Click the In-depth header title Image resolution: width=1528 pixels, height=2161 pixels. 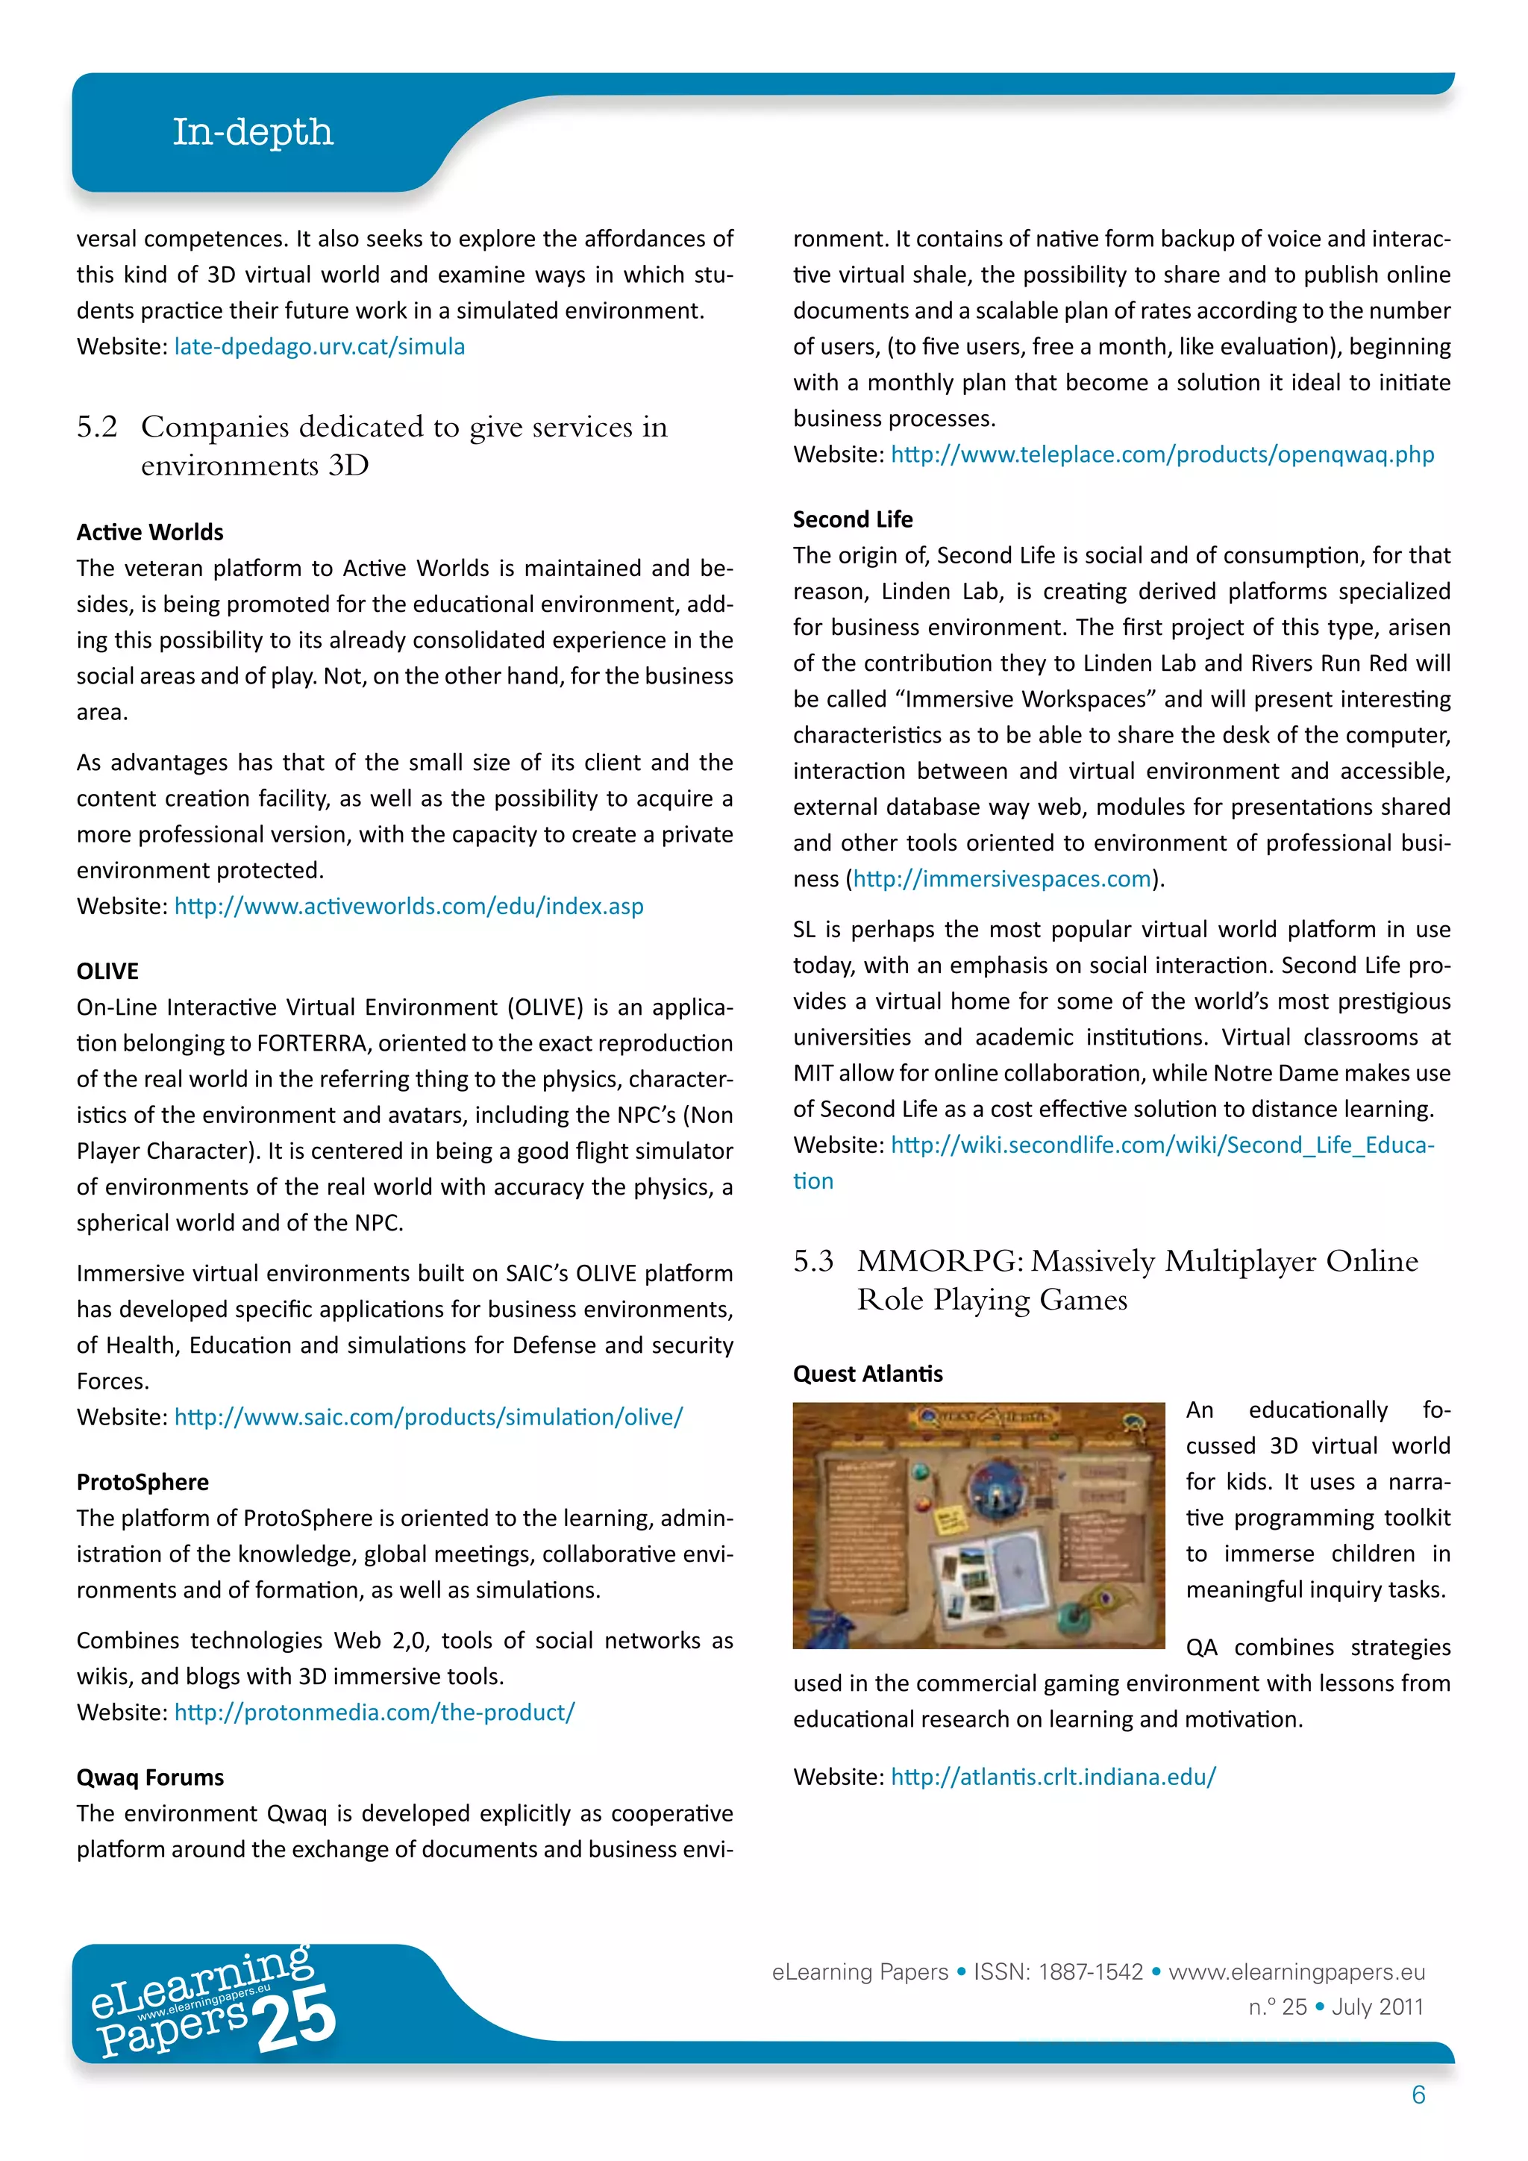point(252,132)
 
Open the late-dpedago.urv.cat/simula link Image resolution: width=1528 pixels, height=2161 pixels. point(319,346)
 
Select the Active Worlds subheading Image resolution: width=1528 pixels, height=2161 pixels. point(150,533)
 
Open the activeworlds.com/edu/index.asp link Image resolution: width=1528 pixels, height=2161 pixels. point(408,907)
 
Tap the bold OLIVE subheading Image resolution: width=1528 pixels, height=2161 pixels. point(107,972)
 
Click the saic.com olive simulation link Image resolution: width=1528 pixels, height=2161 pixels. point(428,1418)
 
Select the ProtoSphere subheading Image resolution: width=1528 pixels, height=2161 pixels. point(142,1483)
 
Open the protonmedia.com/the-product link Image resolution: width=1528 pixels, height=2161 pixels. point(374,1712)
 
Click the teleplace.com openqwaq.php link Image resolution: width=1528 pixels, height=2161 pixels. point(1162,454)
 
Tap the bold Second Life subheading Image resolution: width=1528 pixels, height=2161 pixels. point(853,519)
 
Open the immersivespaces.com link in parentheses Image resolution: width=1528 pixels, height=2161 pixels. point(1002,879)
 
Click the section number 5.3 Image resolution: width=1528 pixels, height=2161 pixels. point(813,1261)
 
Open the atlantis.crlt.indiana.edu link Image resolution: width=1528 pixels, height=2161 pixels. point(1053,1777)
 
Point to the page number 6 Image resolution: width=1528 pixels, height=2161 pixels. point(1418,2095)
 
